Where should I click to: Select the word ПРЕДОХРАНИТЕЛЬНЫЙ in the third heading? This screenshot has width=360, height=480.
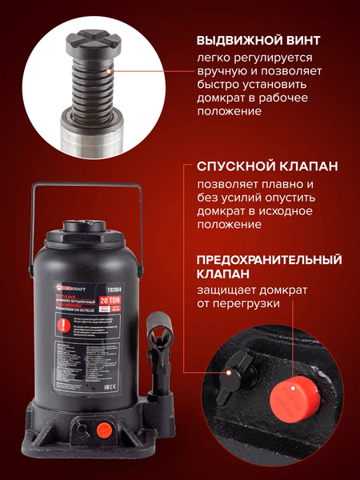tap(264, 260)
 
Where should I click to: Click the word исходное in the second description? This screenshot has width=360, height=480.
tap(255, 211)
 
